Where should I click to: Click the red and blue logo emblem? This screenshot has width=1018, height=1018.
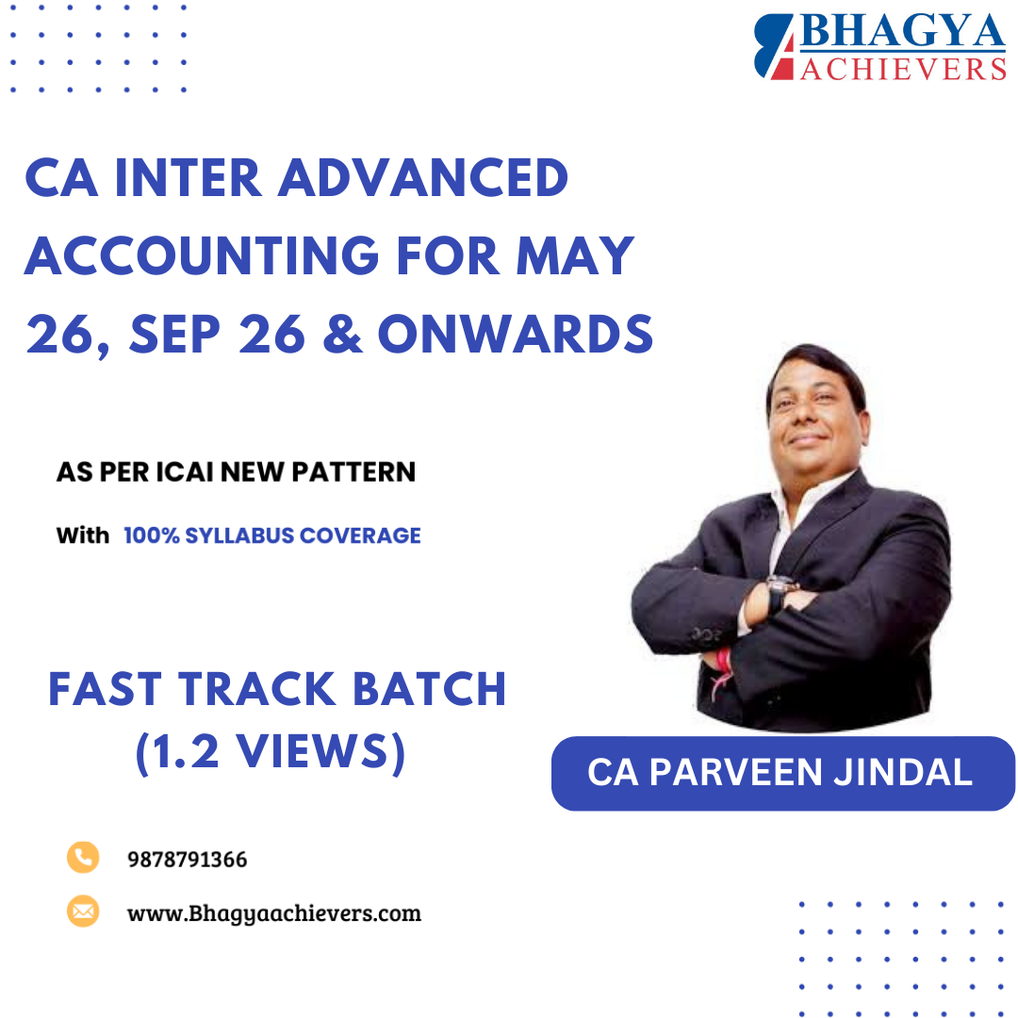point(775,47)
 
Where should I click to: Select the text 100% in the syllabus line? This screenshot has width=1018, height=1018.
point(152,535)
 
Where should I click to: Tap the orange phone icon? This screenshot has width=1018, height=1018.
point(83,857)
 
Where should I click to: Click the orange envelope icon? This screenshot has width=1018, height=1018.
point(83,911)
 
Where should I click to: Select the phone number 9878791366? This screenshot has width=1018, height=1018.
point(187,860)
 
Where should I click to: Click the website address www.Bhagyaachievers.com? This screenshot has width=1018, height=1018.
point(273,913)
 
